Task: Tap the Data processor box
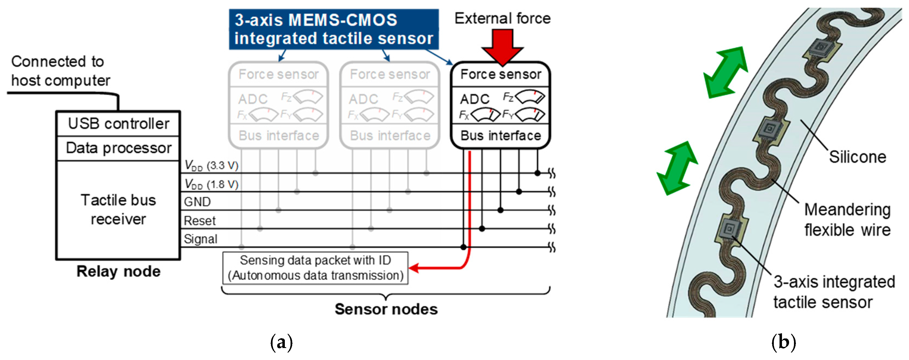[118, 148]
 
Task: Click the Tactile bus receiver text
[118, 210]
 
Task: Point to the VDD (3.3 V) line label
[211, 165]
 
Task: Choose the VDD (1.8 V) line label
[211, 184]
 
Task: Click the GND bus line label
[197, 202]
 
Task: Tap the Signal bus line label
[200, 239]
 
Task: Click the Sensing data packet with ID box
[315, 268]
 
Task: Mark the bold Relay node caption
[118, 271]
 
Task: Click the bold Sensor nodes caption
[386, 309]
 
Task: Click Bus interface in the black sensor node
[500, 135]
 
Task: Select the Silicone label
[857, 157]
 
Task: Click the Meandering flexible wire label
[847, 220]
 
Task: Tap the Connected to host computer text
[60, 71]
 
